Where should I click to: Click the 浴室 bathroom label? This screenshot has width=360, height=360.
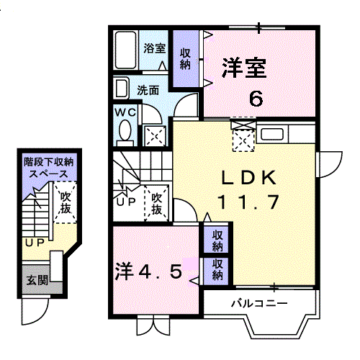point(155,48)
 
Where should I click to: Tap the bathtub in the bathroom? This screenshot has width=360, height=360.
point(125,50)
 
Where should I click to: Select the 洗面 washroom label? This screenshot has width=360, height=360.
point(148,91)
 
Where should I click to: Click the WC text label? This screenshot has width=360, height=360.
point(125,112)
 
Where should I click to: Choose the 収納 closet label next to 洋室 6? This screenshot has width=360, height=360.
point(185,59)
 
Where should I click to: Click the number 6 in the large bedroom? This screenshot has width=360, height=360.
point(256,99)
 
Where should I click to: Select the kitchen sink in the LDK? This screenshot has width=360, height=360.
point(272,134)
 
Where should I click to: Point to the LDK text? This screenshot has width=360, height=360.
point(248,177)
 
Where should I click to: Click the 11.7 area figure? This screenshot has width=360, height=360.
point(248,202)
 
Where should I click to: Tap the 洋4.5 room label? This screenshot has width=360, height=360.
point(149,271)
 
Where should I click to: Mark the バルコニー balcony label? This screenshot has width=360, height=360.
point(259,304)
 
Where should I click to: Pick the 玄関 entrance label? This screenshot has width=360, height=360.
point(37,279)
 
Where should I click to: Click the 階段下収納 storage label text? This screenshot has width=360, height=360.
point(49,162)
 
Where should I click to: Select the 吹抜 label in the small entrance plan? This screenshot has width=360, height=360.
point(66,203)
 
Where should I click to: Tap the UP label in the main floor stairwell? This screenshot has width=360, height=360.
point(126,202)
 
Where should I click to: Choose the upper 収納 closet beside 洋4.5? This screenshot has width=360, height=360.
point(217,240)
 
